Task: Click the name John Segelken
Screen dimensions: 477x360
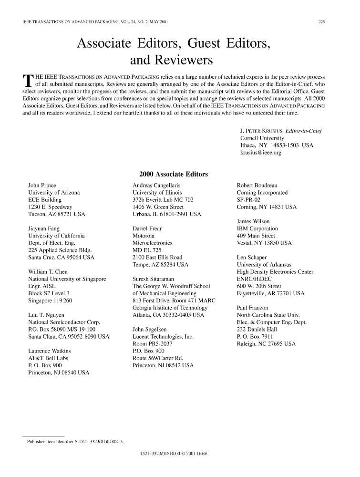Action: [151, 329]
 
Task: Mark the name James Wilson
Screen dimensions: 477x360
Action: [253, 221]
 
